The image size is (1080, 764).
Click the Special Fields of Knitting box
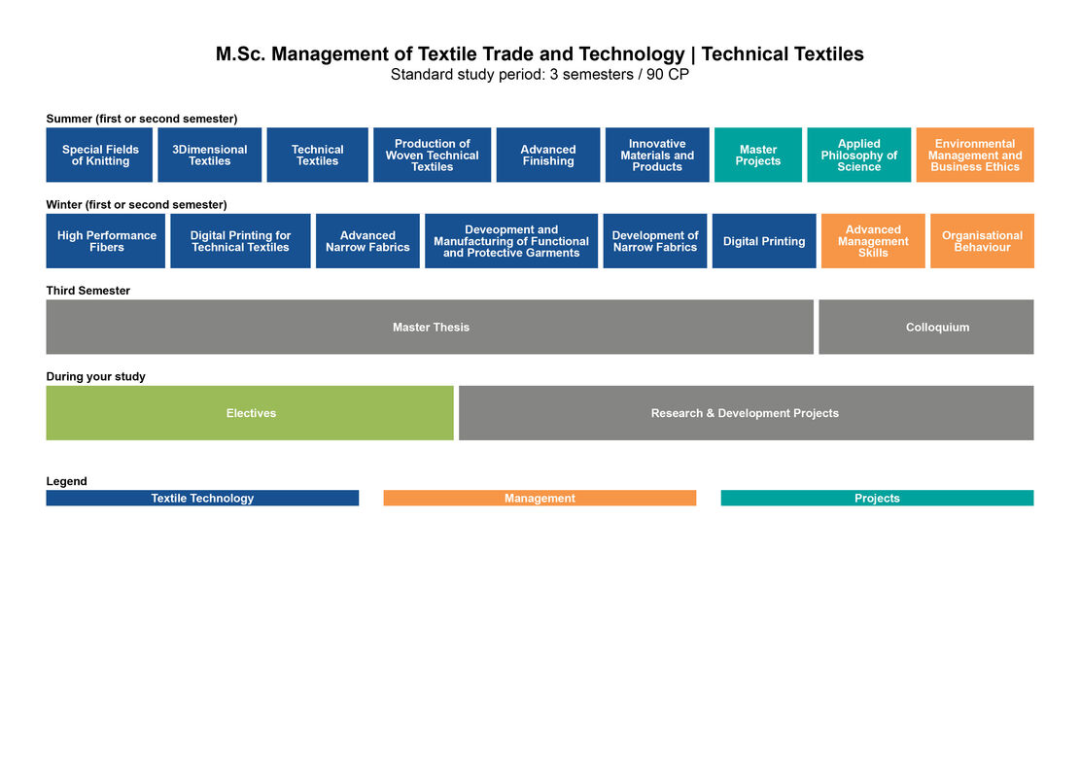pyautogui.click(x=99, y=155)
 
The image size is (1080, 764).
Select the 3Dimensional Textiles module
pyautogui.click(x=209, y=155)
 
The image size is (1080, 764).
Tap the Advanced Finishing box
pyautogui.click(x=547, y=155)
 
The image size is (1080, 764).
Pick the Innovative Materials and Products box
pyautogui.click(x=657, y=155)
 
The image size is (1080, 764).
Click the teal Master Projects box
pyautogui.click(x=757, y=155)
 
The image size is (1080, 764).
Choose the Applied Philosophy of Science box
pyautogui.click(x=859, y=155)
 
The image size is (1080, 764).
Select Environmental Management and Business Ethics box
pyautogui.click(x=975, y=155)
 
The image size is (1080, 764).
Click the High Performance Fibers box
pyautogui.click(x=105, y=241)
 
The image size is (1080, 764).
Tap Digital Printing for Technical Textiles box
pyautogui.click(x=240, y=241)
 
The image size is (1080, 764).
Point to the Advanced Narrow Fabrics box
pyautogui.click(x=367, y=241)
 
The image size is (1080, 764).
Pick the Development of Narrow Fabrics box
pyautogui.click(x=655, y=241)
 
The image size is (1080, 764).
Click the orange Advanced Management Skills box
pyautogui.click(x=873, y=241)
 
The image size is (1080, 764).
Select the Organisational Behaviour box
pyautogui.click(x=982, y=241)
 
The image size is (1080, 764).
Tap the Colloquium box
pyautogui.click(x=926, y=328)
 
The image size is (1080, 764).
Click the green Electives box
pyautogui.click(x=250, y=413)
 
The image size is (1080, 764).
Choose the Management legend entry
pyautogui.click(x=540, y=498)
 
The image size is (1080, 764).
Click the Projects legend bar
pyautogui.click(x=878, y=498)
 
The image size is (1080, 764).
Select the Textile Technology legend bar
pyautogui.click(x=202, y=498)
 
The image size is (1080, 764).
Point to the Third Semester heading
pyautogui.click(x=88, y=291)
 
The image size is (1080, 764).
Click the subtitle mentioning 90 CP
pyautogui.click(x=540, y=75)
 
